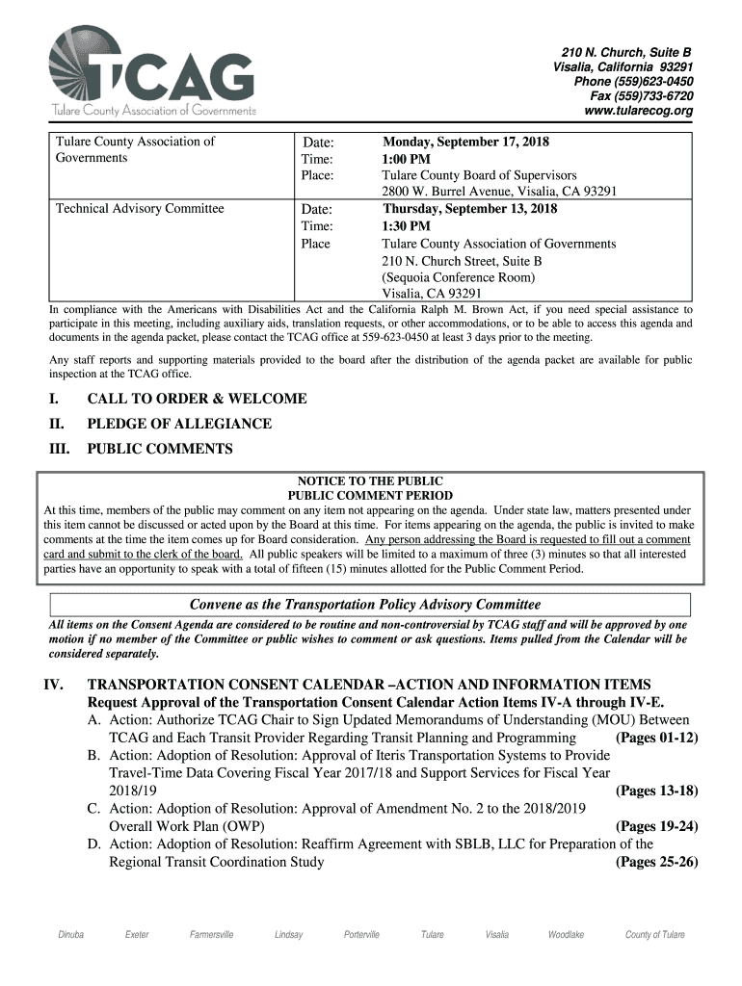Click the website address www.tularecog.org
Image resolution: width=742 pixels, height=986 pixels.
point(639,112)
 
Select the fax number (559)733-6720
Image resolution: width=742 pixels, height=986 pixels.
point(642,96)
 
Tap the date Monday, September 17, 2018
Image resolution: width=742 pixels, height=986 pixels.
point(465,142)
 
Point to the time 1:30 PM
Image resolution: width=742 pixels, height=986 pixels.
point(407,226)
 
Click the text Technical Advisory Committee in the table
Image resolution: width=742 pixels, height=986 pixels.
point(140,209)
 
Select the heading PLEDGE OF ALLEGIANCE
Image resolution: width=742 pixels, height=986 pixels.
point(179,424)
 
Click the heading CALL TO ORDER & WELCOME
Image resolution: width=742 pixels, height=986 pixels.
point(197,399)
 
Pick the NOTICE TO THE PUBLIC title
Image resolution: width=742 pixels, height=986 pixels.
point(370,481)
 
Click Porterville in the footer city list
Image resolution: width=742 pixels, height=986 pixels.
point(361,935)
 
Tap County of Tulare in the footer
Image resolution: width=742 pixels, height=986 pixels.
point(655,935)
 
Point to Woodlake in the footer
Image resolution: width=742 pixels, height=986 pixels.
point(566,935)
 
